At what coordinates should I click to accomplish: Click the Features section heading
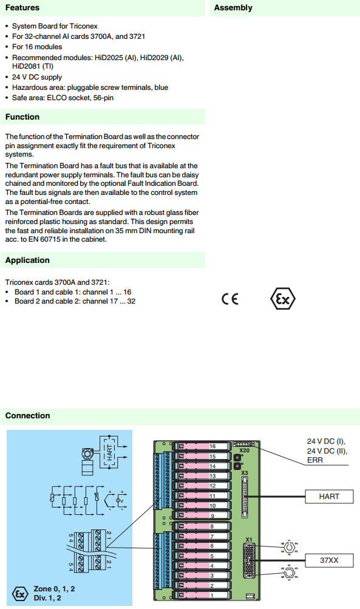(22, 8)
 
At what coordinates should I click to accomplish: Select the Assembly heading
(233, 8)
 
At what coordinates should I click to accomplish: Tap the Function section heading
(22, 117)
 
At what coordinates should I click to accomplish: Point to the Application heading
(27, 260)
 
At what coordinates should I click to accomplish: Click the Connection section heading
(27, 415)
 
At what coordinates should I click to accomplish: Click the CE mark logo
(230, 299)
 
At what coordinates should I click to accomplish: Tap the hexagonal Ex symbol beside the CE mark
(283, 299)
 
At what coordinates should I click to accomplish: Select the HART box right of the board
(329, 496)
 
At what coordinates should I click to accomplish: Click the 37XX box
(329, 560)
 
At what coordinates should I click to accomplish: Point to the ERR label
(315, 460)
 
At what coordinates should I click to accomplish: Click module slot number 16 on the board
(212, 446)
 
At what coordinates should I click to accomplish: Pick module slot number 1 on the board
(212, 595)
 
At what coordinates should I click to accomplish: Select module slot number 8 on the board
(212, 526)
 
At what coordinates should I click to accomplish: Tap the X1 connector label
(249, 539)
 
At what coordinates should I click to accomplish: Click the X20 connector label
(244, 451)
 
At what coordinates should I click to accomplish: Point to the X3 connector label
(244, 472)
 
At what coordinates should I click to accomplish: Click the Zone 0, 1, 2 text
(54, 589)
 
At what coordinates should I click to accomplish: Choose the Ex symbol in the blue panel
(20, 593)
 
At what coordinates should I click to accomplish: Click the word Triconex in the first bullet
(84, 26)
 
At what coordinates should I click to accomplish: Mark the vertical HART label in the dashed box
(109, 452)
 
